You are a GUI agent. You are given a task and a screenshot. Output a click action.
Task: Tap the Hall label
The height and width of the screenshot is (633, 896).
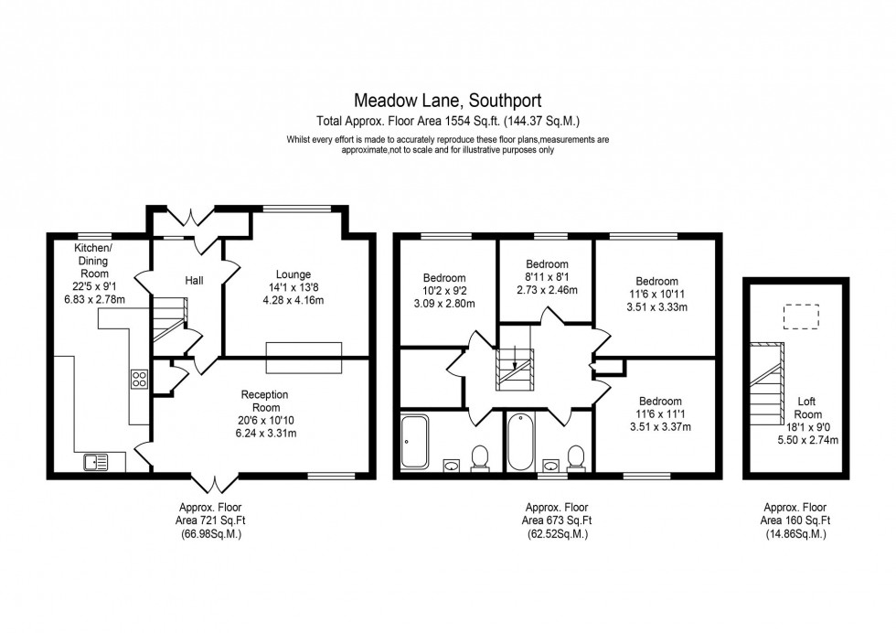[x=194, y=280]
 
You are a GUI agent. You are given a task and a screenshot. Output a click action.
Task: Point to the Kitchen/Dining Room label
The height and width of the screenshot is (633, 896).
[x=93, y=261]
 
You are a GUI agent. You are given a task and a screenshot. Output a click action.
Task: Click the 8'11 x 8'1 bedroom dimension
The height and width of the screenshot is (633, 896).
[x=545, y=276]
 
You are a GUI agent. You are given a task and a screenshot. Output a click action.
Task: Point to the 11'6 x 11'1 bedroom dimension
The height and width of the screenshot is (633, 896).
[x=660, y=413]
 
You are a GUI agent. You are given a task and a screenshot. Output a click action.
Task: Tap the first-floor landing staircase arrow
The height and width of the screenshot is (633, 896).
[x=515, y=359]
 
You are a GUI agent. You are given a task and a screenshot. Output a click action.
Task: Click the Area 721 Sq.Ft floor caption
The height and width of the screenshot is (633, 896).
[x=209, y=520]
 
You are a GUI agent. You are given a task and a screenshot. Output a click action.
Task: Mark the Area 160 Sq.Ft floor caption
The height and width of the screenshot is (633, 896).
[x=794, y=520]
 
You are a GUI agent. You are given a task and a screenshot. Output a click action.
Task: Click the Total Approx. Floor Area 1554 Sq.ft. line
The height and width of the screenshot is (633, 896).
[x=447, y=120]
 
